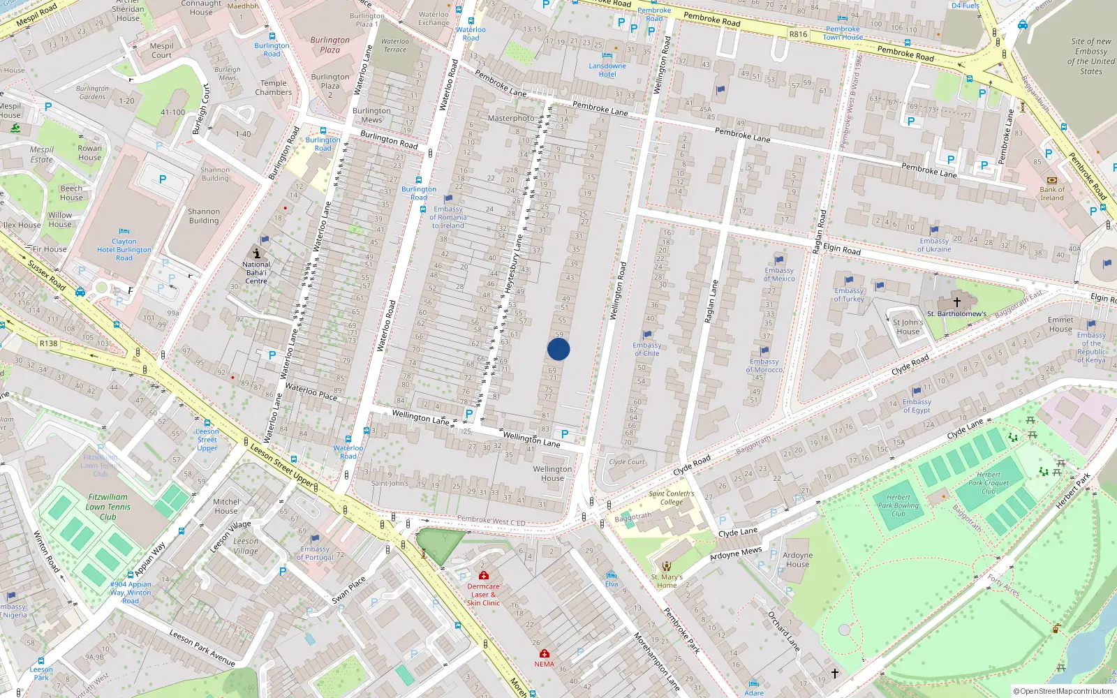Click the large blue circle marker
coord(558,349)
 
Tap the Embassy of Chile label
coord(646,349)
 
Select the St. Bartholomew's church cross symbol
coord(957,302)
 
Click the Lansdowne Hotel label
coord(607,70)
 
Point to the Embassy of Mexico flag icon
coord(780,260)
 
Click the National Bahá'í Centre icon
coord(257,253)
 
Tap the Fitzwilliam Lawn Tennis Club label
coord(108,507)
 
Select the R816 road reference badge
coord(798,34)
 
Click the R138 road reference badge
coord(49,343)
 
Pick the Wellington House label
coord(552,473)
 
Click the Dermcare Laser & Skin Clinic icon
coord(484,575)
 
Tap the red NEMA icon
coord(545,653)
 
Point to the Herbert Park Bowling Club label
coord(898,505)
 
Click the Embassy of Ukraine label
coord(934,245)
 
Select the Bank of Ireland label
coord(1052,193)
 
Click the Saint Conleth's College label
coord(671,498)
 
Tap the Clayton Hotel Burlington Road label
coord(124,249)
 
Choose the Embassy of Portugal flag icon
coord(315,539)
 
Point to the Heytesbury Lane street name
coord(513,266)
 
